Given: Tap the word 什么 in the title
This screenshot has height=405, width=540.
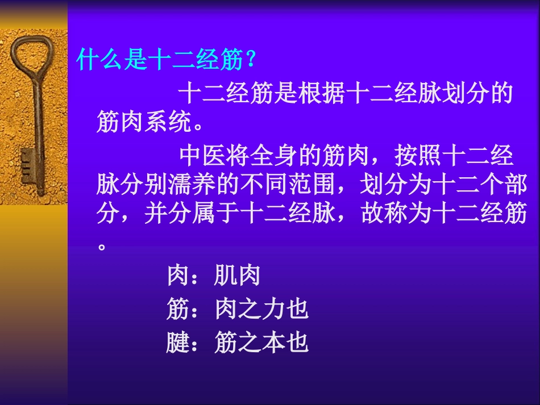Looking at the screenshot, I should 101,59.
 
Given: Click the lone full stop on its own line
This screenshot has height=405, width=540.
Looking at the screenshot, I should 102,248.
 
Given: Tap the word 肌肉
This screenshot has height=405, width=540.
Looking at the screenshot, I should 238,275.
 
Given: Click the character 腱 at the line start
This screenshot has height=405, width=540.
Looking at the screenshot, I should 178,343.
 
